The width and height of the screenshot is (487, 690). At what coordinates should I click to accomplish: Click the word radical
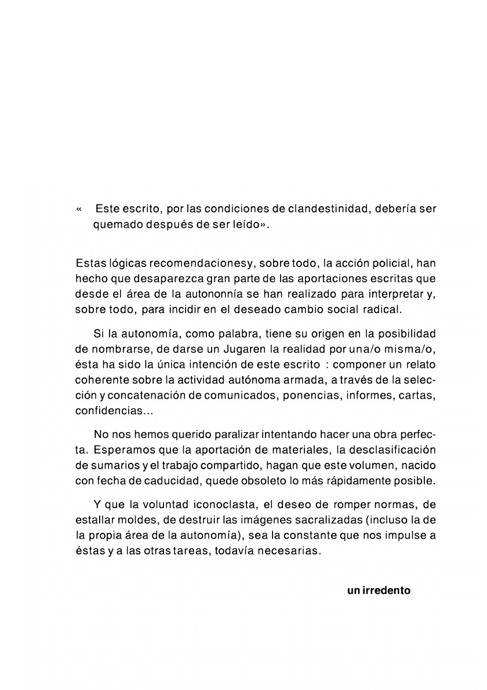pos(382,309)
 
